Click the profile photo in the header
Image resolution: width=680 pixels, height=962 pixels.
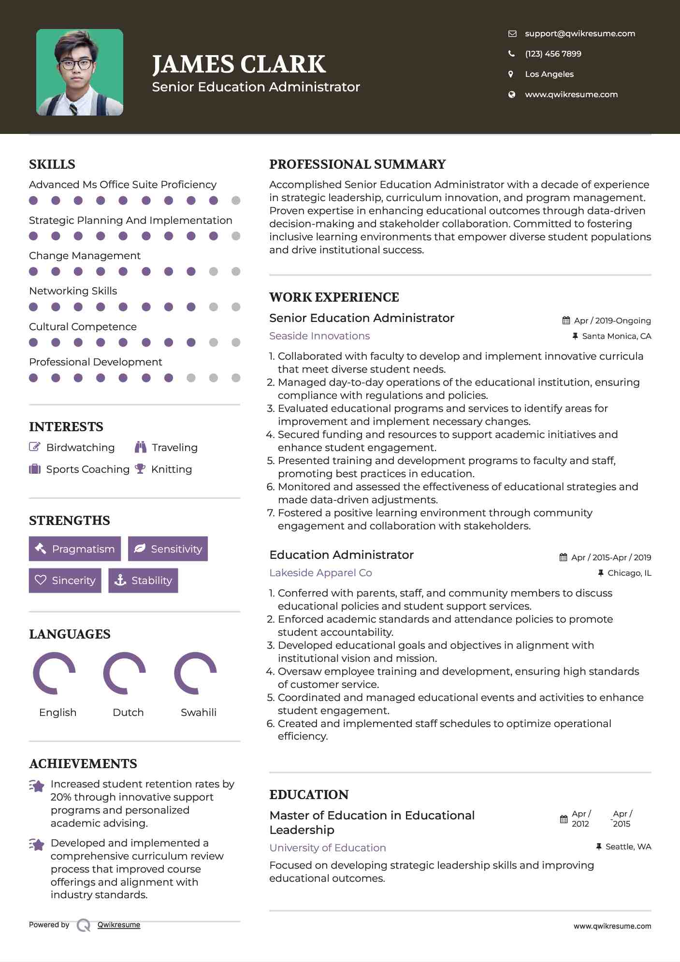[80, 73]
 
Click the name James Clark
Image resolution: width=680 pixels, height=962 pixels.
[239, 64]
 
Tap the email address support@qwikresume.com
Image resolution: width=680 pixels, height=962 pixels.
[580, 33]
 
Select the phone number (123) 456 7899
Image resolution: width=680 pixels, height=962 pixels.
[553, 54]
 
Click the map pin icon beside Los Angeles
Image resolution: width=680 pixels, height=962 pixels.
[511, 74]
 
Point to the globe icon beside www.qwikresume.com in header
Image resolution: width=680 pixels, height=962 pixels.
[511, 94]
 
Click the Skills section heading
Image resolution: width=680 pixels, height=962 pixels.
[52, 164]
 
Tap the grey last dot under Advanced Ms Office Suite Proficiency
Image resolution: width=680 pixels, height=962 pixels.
[236, 201]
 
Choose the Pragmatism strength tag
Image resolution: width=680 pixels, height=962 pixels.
[75, 549]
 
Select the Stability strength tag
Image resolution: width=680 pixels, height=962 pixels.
[144, 580]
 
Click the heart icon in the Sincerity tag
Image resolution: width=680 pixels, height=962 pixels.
[41, 580]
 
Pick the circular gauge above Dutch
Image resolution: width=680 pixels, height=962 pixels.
[125, 673]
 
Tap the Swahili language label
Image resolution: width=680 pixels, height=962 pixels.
[198, 712]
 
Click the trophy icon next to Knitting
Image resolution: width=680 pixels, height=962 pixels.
[140, 469]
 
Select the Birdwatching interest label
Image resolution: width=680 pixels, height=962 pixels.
[80, 448]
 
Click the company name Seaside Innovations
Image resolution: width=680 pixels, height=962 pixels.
[319, 336]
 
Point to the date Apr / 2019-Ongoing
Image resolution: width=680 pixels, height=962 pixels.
[612, 321]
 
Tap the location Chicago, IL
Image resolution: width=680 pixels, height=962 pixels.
[629, 573]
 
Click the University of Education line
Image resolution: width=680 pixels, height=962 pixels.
[328, 847]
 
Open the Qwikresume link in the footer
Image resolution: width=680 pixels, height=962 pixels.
[119, 925]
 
